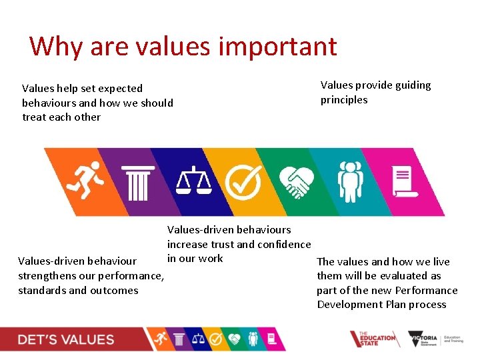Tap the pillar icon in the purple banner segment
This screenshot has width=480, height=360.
tap(138, 182)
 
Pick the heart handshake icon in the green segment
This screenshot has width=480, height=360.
tap(295, 181)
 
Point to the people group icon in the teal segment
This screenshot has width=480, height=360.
tap(349, 181)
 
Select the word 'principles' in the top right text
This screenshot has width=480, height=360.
tap(344, 100)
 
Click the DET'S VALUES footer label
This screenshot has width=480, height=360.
tap(66, 340)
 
